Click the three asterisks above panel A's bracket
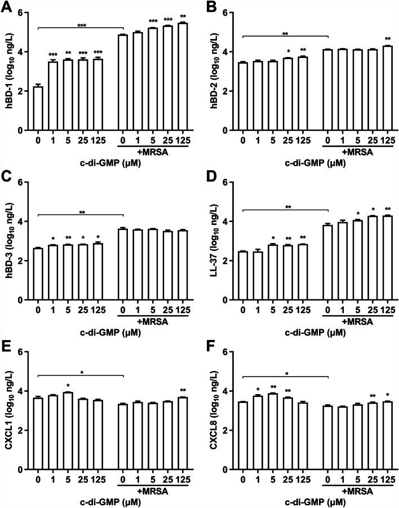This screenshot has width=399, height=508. tap(80, 25)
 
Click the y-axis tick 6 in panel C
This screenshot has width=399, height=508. tap(20, 182)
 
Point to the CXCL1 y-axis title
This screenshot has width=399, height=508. tap(8, 411)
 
